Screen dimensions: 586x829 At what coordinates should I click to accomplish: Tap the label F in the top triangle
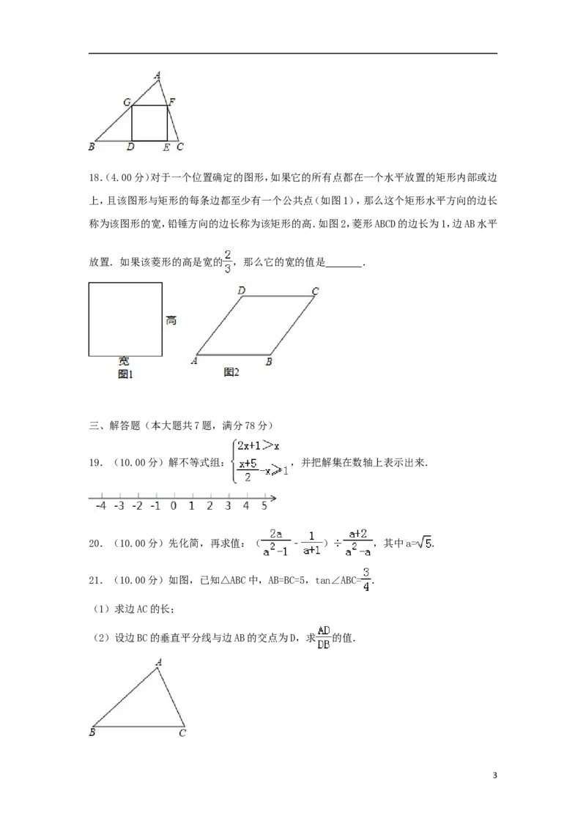click(171, 101)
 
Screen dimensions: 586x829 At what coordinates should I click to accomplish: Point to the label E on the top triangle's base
click(166, 148)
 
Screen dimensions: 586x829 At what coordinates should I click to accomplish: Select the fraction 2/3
click(228, 261)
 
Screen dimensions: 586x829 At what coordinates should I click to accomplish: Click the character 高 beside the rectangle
click(171, 320)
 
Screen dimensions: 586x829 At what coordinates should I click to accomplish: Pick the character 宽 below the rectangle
click(124, 361)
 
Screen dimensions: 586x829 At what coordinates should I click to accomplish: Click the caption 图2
click(231, 372)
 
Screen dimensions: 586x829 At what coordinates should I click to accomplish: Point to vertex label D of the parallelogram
click(241, 291)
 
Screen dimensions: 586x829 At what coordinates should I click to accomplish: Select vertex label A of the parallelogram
click(194, 360)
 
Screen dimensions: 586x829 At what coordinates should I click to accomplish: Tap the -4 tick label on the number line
click(101, 505)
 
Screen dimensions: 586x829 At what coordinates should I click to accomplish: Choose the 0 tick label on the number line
click(174, 505)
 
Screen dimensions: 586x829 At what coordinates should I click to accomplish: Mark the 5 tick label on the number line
click(264, 505)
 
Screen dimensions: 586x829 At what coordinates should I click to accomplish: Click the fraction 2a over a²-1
click(276, 543)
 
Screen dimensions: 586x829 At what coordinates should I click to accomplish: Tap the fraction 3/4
click(366, 580)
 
